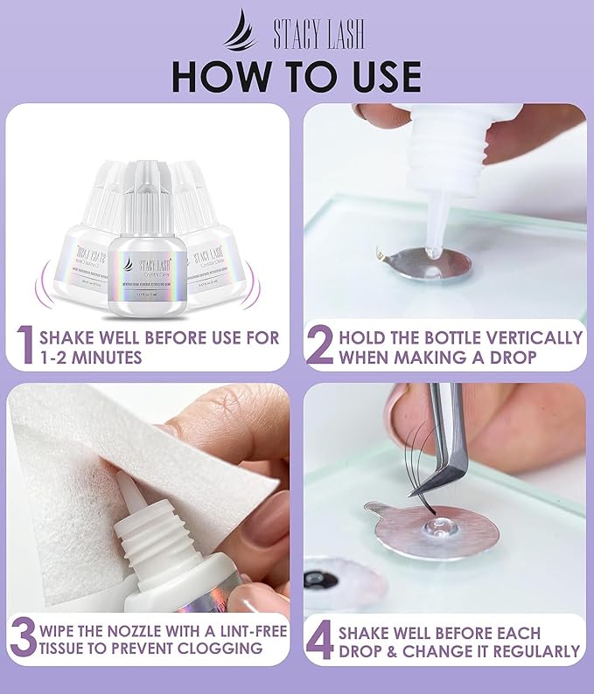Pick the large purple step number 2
point(320,345)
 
